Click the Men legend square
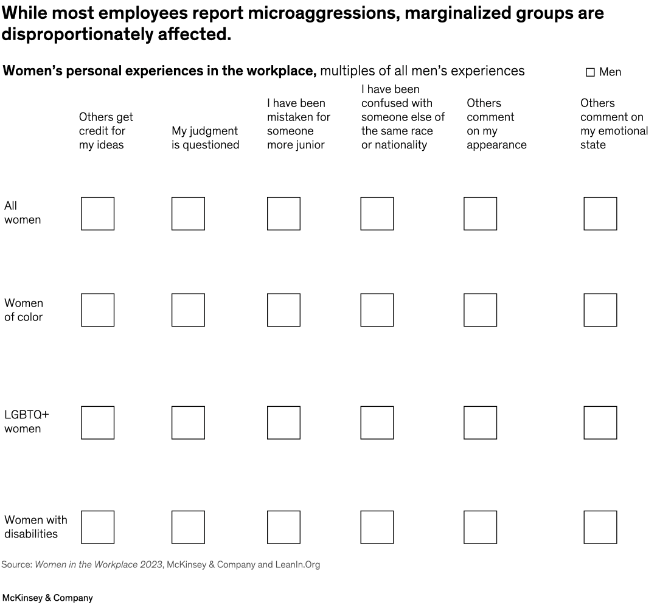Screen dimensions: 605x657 (x=590, y=72)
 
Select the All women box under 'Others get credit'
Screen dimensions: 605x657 (x=97, y=213)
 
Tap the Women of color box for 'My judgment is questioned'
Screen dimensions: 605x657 (x=188, y=310)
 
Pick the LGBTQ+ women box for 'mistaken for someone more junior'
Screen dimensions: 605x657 (x=283, y=423)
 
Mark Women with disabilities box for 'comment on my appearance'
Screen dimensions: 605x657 (x=480, y=527)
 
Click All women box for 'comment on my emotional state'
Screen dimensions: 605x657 (x=600, y=213)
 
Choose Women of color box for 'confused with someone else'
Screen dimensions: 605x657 (x=377, y=310)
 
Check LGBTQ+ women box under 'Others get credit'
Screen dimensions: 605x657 (x=97, y=423)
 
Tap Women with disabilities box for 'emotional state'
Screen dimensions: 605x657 (x=600, y=527)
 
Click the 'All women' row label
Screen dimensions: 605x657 (x=23, y=213)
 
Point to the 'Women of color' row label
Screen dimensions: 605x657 (x=24, y=310)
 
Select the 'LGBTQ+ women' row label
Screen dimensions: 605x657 (x=27, y=421)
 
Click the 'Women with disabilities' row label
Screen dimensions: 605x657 (x=36, y=527)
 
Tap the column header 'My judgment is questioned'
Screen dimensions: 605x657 (x=205, y=138)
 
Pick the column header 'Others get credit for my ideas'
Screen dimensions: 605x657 (x=106, y=131)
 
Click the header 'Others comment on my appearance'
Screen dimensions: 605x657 (x=496, y=124)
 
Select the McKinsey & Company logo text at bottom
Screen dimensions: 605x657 (x=47, y=598)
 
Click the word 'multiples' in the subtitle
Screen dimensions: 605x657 (x=346, y=71)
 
